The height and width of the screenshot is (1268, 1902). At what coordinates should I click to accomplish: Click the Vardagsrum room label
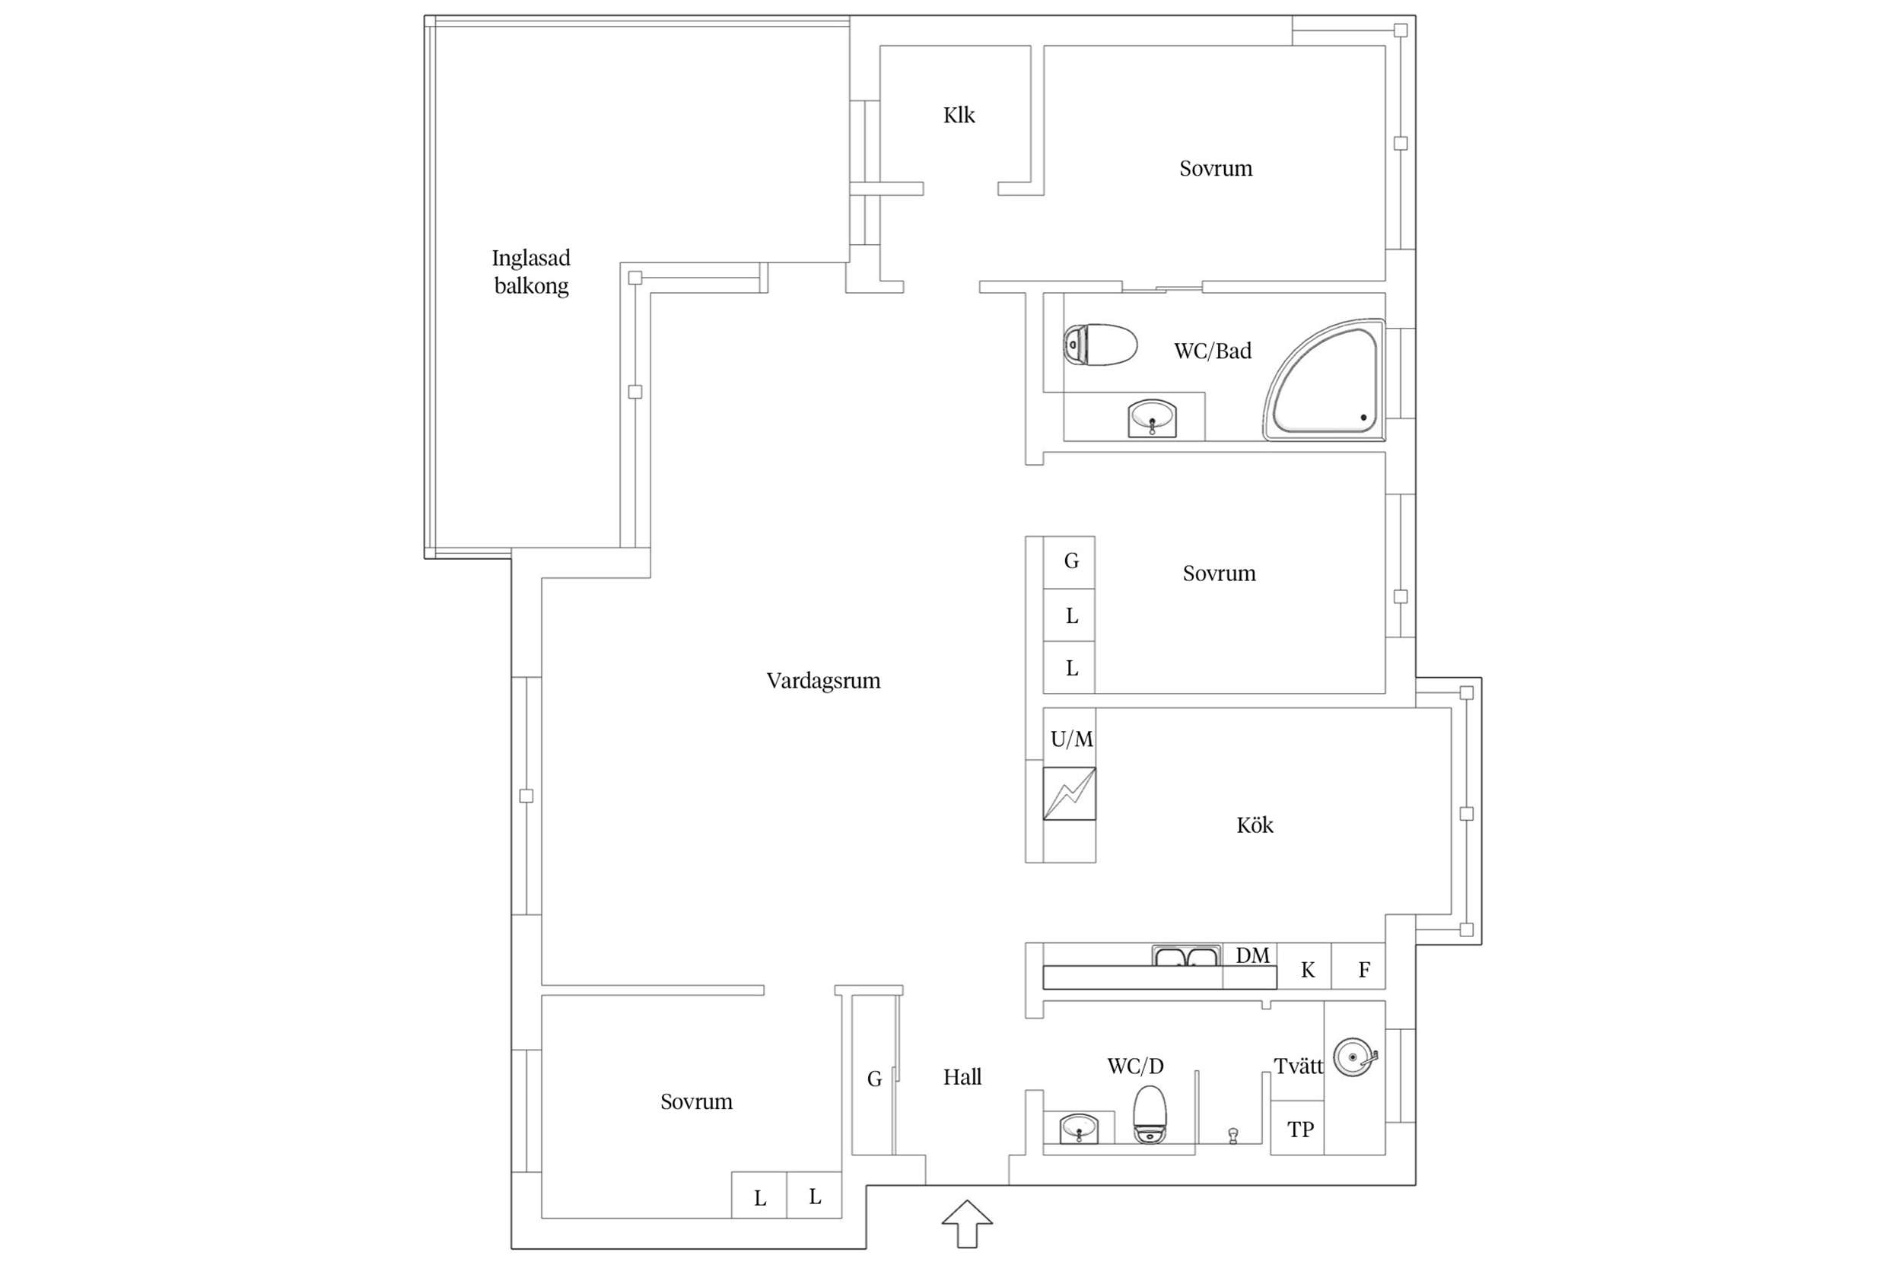pos(823,681)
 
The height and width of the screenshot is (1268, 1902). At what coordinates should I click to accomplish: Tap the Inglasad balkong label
pos(531,272)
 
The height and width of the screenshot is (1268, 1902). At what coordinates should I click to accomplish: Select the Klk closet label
pos(959,115)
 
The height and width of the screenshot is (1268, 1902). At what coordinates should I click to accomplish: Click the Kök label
pos(1255,825)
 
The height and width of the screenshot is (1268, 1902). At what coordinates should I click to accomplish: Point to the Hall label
pos(962,1076)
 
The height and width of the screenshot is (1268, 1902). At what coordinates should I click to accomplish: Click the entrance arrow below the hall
pos(967,1224)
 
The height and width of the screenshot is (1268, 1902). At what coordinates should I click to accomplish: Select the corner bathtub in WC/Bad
pos(1324,380)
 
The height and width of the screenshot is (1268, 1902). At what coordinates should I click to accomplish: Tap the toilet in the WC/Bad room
pos(1100,345)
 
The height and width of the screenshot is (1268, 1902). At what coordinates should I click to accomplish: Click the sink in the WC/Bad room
pos(1152,418)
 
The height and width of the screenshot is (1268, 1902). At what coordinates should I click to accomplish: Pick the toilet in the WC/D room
pos(1149,1114)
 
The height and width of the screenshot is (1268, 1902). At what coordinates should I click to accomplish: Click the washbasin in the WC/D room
pos(1079,1128)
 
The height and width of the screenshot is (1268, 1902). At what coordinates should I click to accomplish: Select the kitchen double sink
pos(1185,956)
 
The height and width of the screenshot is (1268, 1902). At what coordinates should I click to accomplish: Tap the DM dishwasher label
pos(1252,955)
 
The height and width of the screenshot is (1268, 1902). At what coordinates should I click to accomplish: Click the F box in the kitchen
pos(1359,966)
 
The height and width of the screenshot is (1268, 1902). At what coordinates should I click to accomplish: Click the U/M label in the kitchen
pos(1071,739)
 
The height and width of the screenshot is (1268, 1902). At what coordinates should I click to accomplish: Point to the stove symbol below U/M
pos(1069,793)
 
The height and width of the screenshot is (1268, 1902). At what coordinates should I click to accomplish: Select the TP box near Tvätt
pos(1297,1127)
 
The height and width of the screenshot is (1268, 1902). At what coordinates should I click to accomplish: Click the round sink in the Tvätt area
pos(1354,1057)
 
